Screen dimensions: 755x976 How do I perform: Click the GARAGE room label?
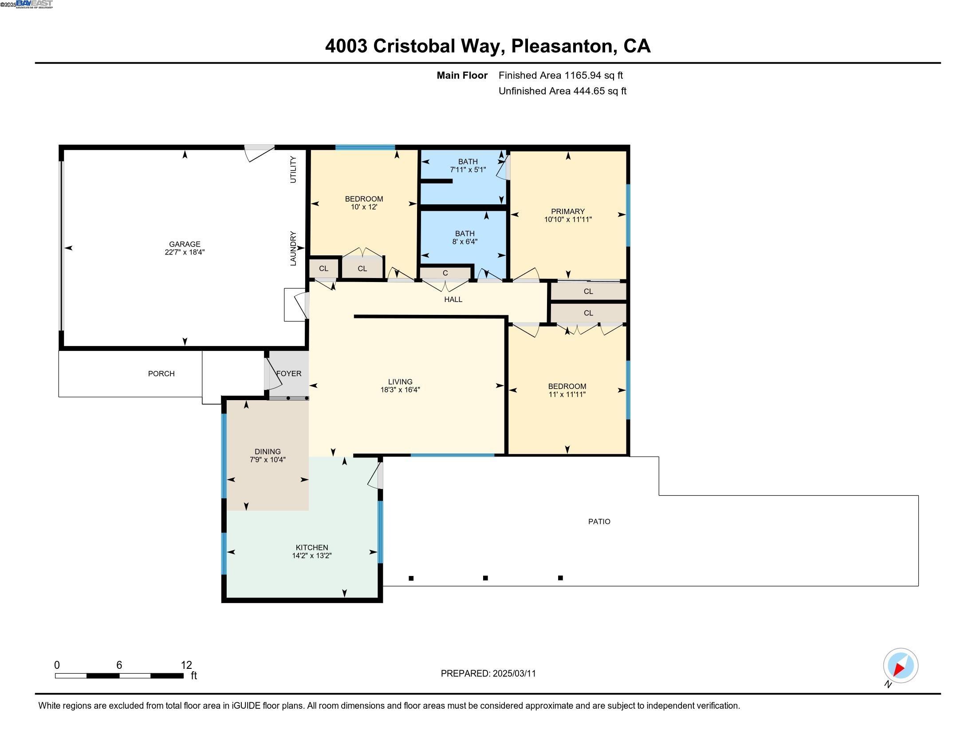tap(185, 244)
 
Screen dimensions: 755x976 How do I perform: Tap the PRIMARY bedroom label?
tap(567, 211)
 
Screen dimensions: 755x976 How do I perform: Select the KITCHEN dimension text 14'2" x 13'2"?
tap(311, 556)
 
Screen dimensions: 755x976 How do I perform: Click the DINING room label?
tap(268, 452)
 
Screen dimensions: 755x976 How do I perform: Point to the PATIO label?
tap(599, 521)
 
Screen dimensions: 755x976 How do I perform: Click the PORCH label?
tap(161, 374)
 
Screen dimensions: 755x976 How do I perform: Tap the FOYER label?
tap(289, 374)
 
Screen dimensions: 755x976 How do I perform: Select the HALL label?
tap(453, 300)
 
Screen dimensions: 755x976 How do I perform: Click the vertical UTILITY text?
tap(293, 170)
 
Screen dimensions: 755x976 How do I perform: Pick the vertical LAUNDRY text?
tap(293, 249)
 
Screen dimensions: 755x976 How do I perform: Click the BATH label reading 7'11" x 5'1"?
tap(468, 166)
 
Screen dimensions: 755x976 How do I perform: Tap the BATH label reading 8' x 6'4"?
tap(465, 238)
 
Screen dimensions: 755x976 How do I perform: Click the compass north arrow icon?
tap(900, 666)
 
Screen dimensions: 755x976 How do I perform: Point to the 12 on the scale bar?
tap(186, 665)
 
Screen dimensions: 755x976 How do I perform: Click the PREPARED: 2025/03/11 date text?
tap(488, 674)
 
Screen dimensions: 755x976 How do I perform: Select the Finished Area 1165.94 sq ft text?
tap(560, 75)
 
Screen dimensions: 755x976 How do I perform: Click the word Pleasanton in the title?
tap(561, 46)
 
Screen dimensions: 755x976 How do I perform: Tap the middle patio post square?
tap(485, 578)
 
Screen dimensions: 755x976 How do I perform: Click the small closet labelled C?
tap(445, 273)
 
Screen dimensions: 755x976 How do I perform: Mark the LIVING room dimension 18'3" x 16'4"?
tap(400, 389)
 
